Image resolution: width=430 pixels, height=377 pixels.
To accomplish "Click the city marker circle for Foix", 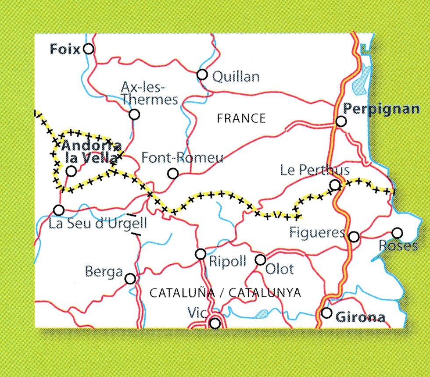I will [x=89, y=49].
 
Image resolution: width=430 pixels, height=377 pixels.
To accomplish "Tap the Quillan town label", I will [x=236, y=77].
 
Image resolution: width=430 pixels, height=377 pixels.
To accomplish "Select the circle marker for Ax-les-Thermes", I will [x=134, y=114].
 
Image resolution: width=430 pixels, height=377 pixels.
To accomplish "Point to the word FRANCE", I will [x=241, y=118].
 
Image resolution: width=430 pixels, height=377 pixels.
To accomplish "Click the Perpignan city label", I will [x=381, y=109].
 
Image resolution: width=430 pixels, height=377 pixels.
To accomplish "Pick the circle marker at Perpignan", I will [x=340, y=121].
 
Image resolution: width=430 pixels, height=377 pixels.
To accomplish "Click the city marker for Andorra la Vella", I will [x=71, y=171].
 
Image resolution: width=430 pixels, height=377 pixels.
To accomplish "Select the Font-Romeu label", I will [x=183, y=158].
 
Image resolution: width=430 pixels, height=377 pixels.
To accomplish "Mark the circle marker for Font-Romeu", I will [x=173, y=174].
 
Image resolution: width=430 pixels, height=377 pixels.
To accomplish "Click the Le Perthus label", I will [x=315, y=170].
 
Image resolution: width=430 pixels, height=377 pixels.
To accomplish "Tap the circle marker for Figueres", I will [x=354, y=237].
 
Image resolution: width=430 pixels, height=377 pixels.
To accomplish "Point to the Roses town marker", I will [x=397, y=233].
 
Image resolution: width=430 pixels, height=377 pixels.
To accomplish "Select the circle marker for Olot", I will [x=260, y=260].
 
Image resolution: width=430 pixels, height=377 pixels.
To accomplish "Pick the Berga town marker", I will [x=130, y=278].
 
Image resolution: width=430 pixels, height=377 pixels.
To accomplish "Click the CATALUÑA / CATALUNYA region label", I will [x=225, y=293].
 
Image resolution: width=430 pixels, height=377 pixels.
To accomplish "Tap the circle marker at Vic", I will [x=215, y=324].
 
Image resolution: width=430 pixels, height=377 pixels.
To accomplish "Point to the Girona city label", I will [x=360, y=317].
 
